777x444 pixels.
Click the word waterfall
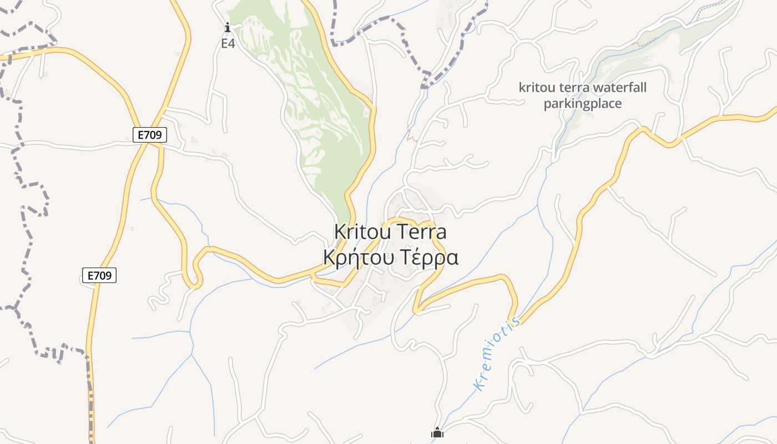[620, 88]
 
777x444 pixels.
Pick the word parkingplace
[583, 104]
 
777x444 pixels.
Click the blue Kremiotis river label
[497, 354]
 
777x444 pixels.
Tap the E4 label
[228, 43]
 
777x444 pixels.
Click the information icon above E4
[227, 27]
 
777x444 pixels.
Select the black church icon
[437, 433]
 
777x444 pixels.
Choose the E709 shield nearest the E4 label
[150, 134]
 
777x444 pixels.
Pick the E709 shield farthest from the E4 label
[99, 275]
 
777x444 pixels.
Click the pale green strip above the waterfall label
[638, 56]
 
